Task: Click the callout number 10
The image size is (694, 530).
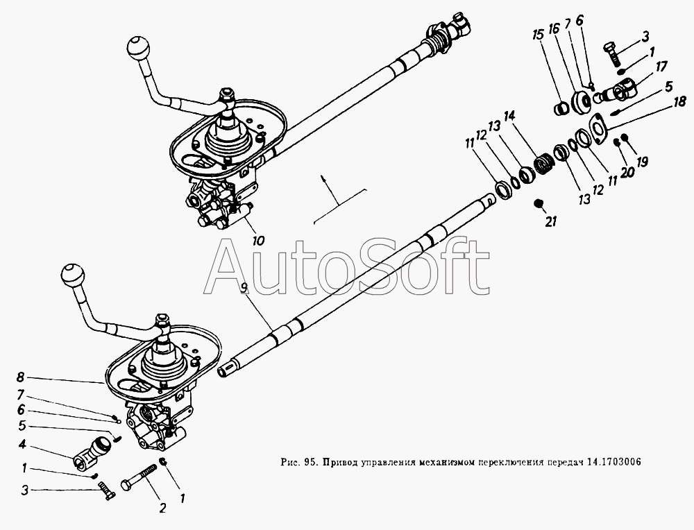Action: (x=258, y=241)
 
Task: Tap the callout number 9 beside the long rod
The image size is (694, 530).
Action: (x=244, y=288)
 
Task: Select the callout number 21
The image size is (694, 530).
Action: (x=550, y=221)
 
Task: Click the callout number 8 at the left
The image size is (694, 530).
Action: (x=20, y=377)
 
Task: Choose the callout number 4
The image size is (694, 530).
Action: (x=22, y=443)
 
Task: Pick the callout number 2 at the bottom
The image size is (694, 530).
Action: (x=162, y=508)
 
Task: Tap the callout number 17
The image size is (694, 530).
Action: (x=661, y=67)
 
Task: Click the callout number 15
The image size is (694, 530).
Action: (x=539, y=35)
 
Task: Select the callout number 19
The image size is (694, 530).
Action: (x=642, y=162)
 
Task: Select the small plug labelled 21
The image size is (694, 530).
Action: (x=539, y=203)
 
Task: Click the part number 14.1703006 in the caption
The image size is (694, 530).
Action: (x=614, y=462)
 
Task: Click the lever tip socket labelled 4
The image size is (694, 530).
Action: (x=90, y=452)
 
